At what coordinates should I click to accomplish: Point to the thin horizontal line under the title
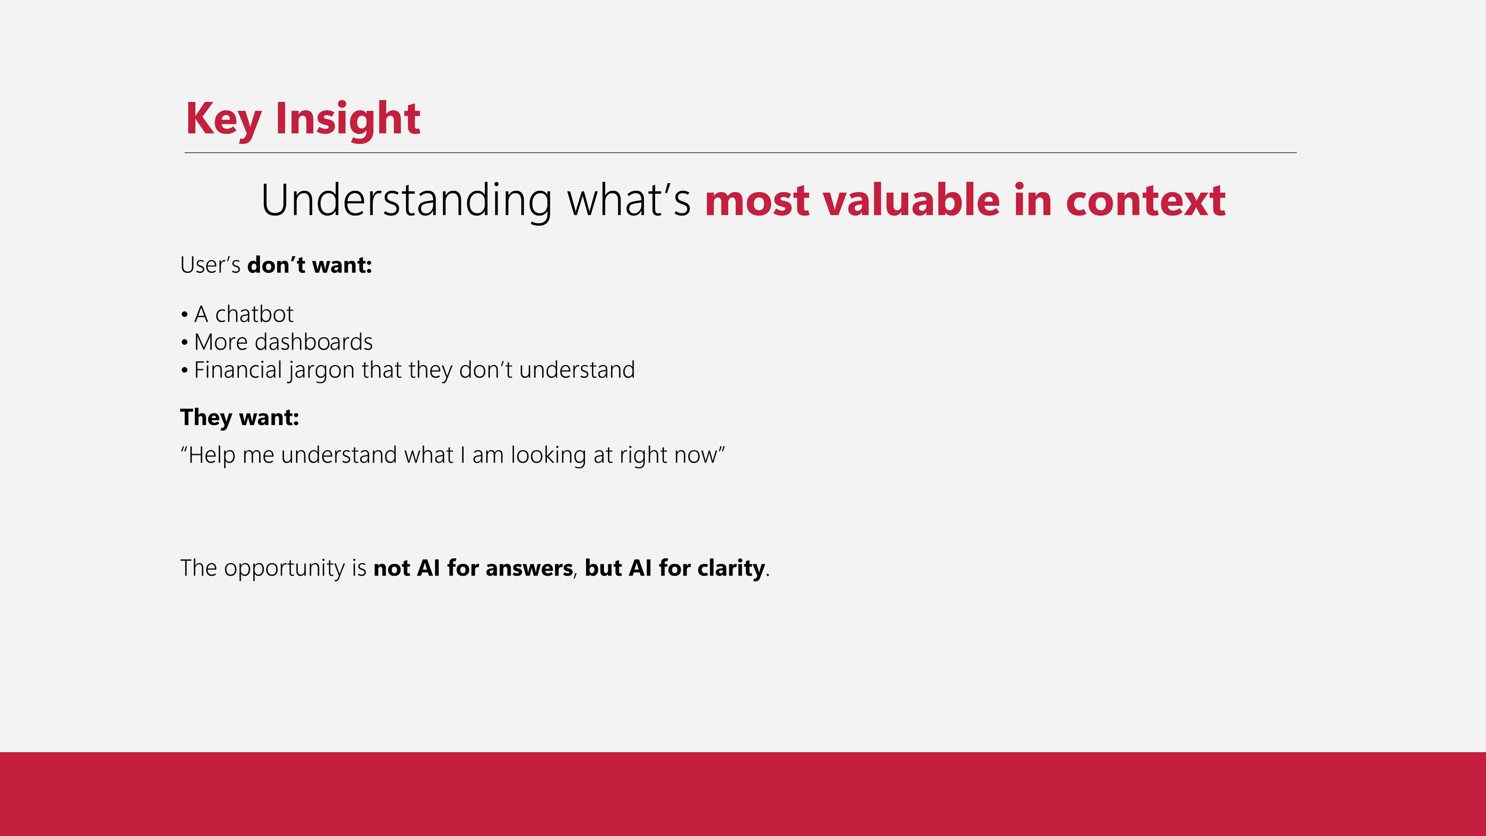coord(741,153)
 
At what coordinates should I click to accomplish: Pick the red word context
coord(1145,201)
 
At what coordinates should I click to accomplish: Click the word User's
coord(210,265)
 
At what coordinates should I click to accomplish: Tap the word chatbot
coord(254,314)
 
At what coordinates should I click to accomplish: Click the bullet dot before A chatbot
coord(185,315)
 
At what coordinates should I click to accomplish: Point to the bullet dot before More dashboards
coord(185,342)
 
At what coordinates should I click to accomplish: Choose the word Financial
coord(238,370)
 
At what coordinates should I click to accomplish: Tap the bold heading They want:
coord(240,418)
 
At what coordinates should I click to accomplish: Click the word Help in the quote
coord(212,456)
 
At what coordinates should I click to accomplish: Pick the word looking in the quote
coord(549,456)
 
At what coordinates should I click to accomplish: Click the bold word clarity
coord(731,569)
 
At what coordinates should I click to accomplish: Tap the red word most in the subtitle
coord(757,201)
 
